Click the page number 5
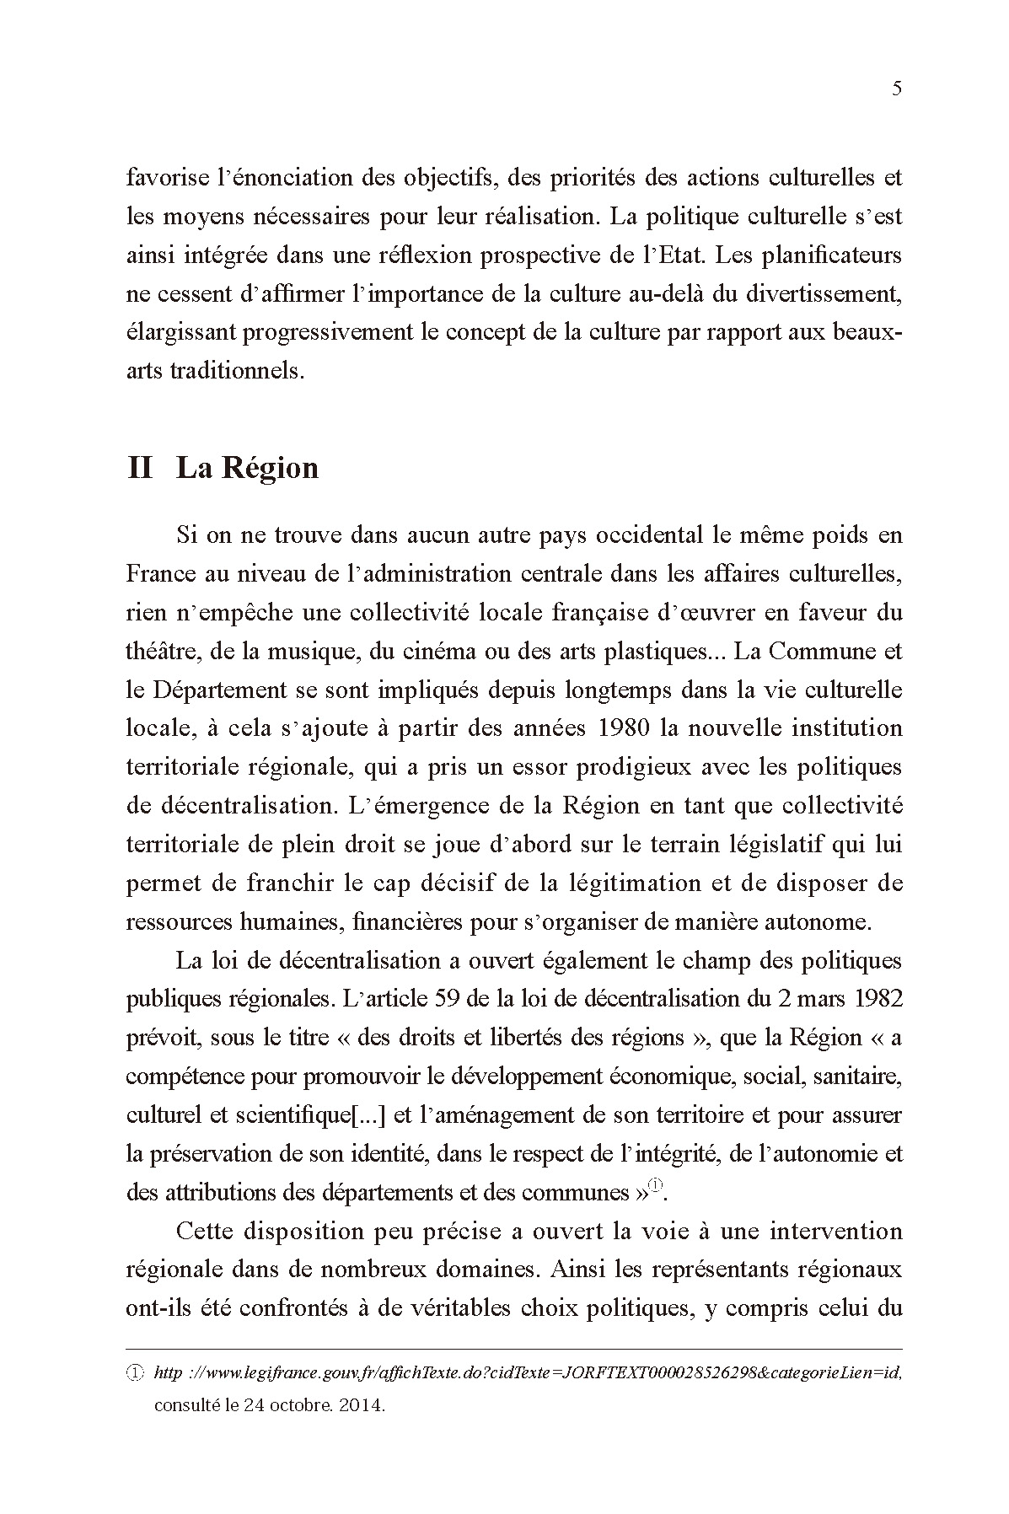click(x=896, y=89)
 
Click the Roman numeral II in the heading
click(x=140, y=468)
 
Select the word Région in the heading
click(x=271, y=468)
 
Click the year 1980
click(x=622, y=728)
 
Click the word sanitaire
click(x=860, y=1076)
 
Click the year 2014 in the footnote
click(x=365, y=1406)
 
